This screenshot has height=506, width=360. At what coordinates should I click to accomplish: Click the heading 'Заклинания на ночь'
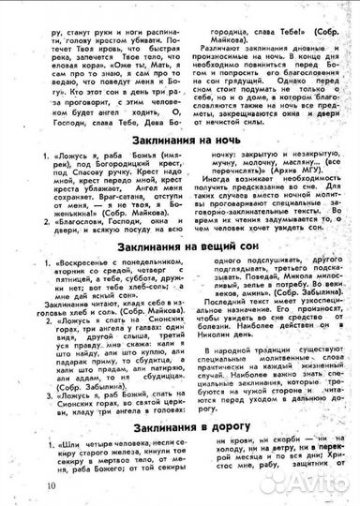point(183,140)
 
